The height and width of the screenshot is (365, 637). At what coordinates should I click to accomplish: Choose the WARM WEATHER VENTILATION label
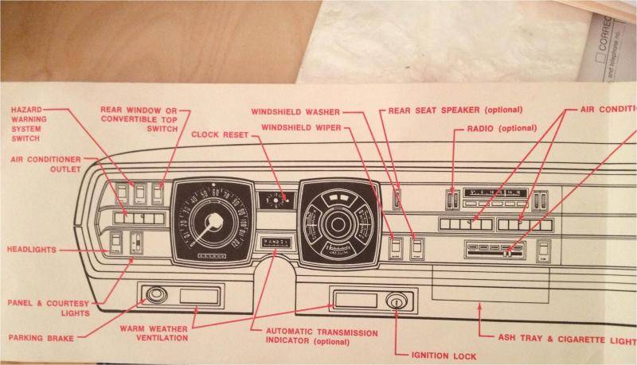point(154,333)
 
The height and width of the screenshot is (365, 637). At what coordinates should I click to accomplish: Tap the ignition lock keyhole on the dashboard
point(395,301)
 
